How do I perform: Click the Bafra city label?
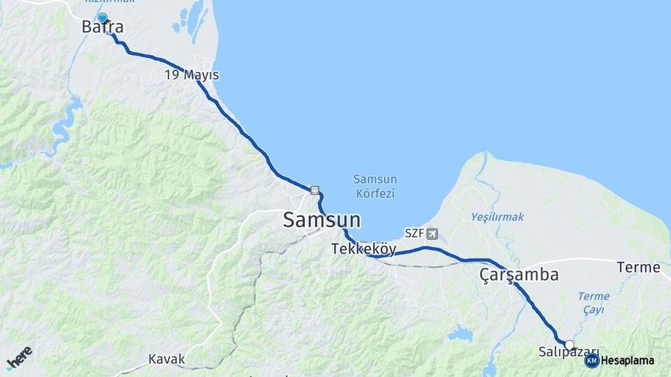tap(103, 28)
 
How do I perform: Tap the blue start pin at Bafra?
tap(103, 18)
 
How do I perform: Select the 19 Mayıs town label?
tap(192, 75)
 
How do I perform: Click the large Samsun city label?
tap(322, 220)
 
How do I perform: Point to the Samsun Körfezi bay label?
tap(375, 186)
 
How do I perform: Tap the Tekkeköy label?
tap(363, 249)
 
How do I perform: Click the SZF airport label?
tap(414, 233)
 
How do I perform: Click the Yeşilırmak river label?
tap(497, 217)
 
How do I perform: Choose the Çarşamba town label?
tap(519, 275)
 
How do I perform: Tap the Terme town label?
tap(638, 267)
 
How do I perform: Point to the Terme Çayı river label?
tap(593, 302)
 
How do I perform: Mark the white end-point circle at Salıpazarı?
tap(570, 345)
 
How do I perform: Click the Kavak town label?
tap(166, 360)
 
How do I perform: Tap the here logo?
tap(19, 358)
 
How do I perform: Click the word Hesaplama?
tap(628, 361)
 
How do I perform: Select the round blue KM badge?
tap(591, 361)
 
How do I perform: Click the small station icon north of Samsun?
tap(315, 189)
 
